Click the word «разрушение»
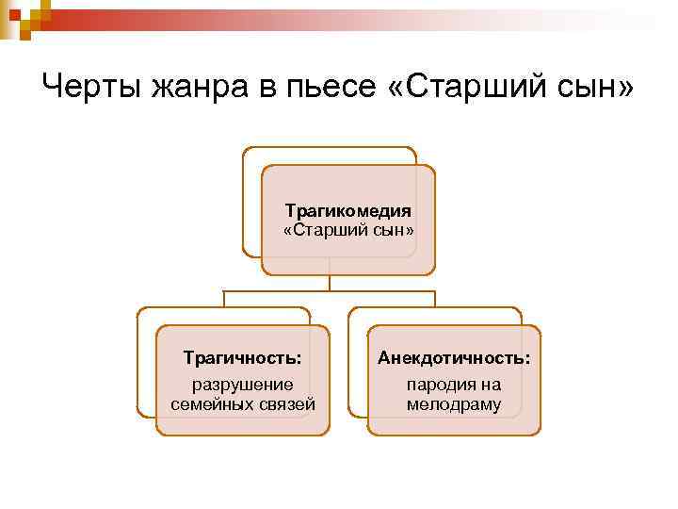pyautogui.click(x=243, y=385)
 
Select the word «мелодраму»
pyautogui.click(x=454, y=404)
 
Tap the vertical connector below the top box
pyautogui.click(x=330, y=283)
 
